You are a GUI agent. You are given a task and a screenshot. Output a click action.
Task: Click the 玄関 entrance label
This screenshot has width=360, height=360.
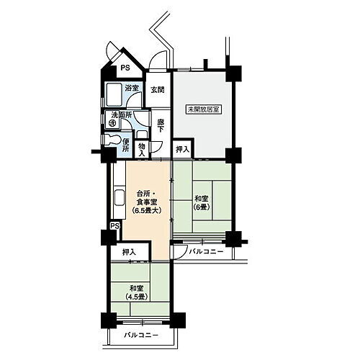coord(158,90)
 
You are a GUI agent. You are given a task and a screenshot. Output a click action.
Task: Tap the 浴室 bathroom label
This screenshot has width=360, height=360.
coord(132,88)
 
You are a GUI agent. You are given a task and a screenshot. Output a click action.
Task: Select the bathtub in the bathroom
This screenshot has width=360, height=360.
coord(114,95)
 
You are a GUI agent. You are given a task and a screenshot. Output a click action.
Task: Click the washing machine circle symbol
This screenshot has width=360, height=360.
coord(112,123)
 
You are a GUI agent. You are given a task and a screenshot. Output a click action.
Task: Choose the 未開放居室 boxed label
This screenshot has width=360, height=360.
coord(204,109)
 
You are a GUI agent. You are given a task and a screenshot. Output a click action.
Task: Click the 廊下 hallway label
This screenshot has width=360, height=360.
coord(161,126)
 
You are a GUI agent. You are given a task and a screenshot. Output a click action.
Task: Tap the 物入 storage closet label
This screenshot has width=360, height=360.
coord(142,150)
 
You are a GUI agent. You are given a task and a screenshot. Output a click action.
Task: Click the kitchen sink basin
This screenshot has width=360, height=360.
coord(120,197)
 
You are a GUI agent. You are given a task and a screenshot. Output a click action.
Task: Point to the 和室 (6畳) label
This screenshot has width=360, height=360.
coord(202,203)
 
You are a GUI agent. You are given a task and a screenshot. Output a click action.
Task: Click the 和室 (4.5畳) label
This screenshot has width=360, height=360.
coord(136,292)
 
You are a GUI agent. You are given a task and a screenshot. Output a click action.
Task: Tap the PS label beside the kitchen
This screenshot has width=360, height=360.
coord(115,226)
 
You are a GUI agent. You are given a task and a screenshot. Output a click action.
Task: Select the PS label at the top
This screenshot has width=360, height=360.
coord(125,68)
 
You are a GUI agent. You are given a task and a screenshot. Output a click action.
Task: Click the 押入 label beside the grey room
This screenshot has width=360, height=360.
coord(183,150)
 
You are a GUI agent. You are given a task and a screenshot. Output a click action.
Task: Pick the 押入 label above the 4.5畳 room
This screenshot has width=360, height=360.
coord(130,252)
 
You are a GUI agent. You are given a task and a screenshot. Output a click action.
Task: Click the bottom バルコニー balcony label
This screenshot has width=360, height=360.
coord(141,336)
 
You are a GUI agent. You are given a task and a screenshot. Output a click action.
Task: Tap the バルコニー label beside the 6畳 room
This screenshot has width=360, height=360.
coord(206,251)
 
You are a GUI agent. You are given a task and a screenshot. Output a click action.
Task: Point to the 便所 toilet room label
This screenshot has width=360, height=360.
coord(126,145)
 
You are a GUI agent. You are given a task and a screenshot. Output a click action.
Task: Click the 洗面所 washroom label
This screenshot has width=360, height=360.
coord(122,115)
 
